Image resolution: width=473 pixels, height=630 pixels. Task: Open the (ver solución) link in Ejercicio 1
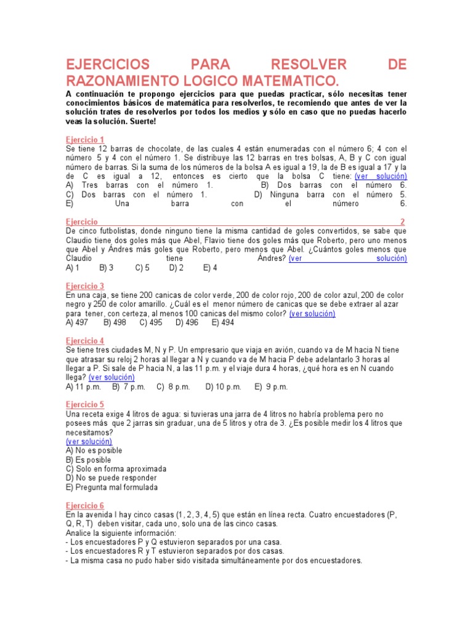click(381, 176)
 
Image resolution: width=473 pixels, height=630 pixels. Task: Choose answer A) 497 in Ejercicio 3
click(77, 322)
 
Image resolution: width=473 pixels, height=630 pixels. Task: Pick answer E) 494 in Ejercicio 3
click(223, 322)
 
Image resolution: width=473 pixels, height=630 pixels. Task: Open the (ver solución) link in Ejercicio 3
click(312, 314)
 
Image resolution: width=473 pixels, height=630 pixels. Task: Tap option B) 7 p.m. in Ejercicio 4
click(129, 387)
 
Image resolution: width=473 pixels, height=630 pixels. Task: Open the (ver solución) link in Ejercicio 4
click(111, 377)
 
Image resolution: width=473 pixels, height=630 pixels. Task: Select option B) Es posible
click(89, 460)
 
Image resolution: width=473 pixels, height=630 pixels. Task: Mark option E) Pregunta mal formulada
click(111, 487)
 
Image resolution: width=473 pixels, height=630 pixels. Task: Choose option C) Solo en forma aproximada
click(116, 469)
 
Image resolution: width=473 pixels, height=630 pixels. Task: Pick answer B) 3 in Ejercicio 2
click(106, 268)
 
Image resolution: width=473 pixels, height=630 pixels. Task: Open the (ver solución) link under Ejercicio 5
click(89, 441)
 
